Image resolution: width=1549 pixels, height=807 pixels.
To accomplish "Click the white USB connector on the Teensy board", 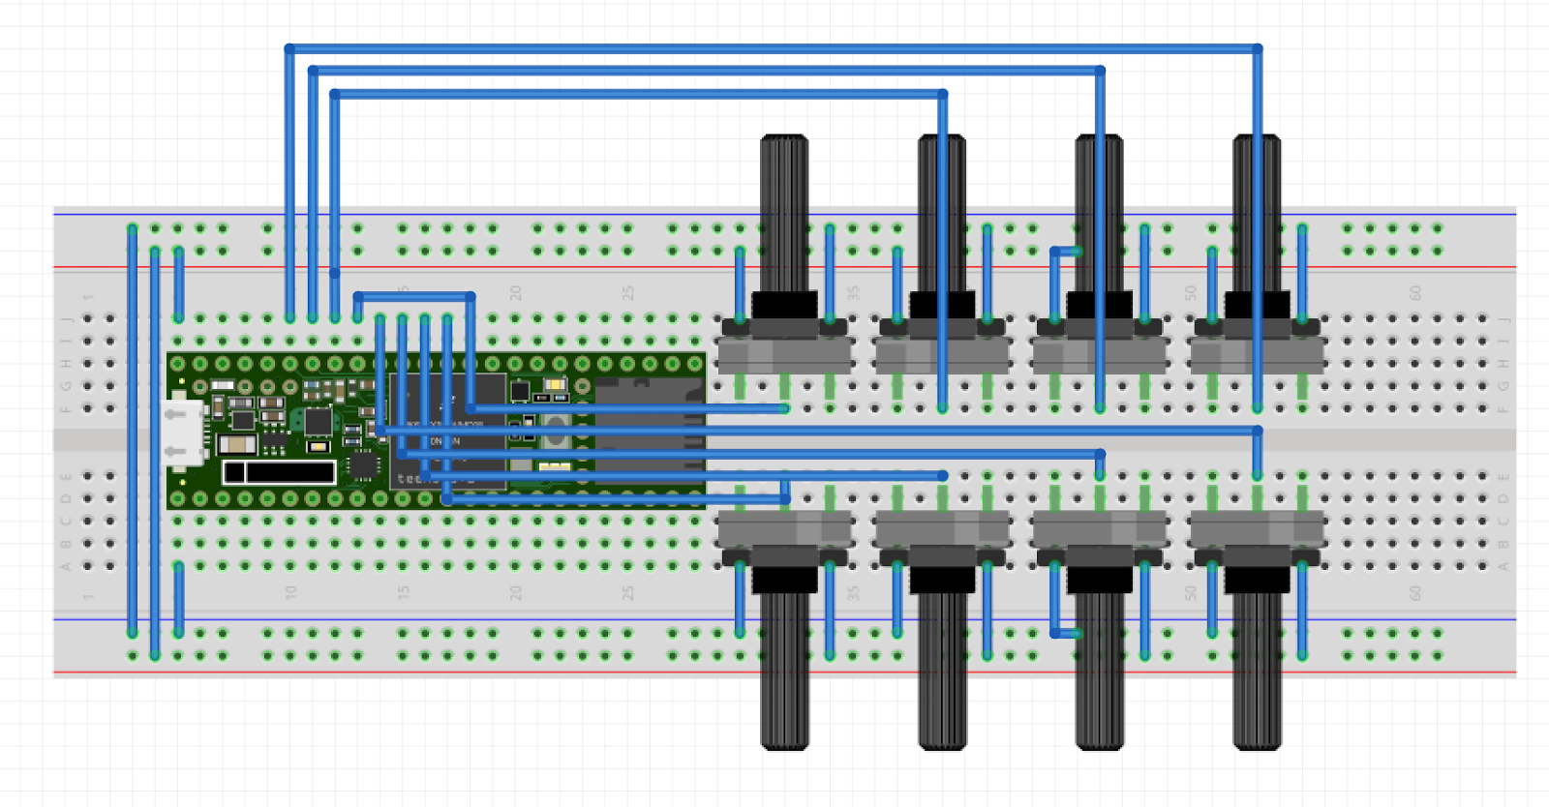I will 183,432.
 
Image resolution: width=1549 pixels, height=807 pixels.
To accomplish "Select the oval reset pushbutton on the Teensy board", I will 555,433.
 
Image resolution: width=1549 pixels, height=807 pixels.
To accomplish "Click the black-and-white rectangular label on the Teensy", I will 279,472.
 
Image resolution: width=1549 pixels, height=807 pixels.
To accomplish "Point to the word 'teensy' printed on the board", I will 411,478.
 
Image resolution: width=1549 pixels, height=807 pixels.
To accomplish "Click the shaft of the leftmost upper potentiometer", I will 784,213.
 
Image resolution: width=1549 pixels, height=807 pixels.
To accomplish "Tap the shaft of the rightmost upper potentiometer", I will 1257,213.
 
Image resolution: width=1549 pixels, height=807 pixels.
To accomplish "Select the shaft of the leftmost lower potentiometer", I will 784,668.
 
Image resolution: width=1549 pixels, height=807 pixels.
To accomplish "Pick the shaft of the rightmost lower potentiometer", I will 1257,668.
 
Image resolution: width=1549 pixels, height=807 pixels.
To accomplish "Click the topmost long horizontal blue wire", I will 774,47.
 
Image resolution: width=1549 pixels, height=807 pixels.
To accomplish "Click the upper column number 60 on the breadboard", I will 1414,292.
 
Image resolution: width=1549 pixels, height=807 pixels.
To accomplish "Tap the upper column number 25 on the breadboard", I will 627,292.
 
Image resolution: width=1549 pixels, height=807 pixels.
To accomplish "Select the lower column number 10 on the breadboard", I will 290,591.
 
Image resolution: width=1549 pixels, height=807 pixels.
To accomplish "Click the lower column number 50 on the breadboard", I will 1190,591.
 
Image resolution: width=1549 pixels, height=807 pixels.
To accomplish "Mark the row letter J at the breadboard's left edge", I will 67,318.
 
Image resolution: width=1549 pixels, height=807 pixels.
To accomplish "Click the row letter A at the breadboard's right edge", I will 1503,566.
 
